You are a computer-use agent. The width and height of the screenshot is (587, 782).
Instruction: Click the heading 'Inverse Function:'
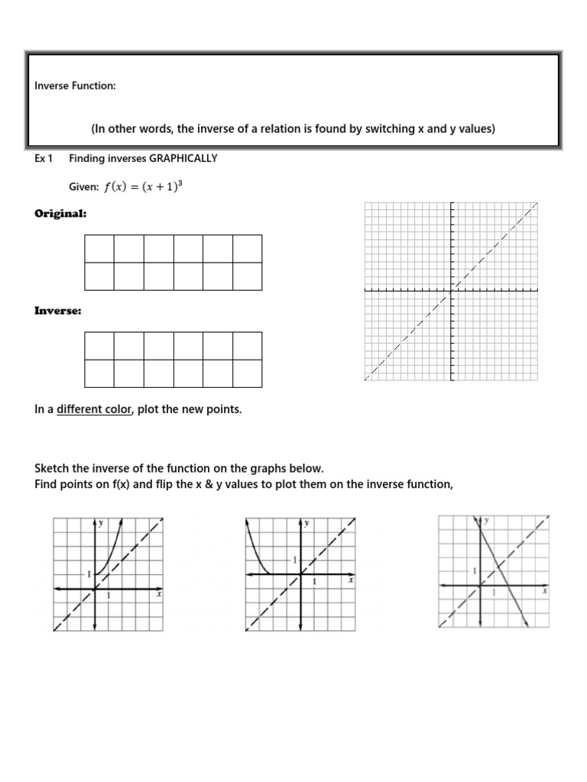pos(75,86)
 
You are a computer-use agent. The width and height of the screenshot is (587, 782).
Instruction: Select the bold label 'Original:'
pos(60,214)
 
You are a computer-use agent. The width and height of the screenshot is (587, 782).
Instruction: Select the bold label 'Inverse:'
pos(58,311)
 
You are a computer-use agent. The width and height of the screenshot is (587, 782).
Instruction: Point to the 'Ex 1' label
pos(43,159)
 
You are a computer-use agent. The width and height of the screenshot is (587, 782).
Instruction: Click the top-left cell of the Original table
pos(99,249)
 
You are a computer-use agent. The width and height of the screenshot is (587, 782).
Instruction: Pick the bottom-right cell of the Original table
pos(247,276)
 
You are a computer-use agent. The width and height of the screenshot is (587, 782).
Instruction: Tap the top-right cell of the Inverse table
pos(247,345)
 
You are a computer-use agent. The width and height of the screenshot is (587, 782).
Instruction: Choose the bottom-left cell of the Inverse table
pos(99,373)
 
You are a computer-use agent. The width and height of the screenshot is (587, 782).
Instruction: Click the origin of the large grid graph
pos(452,290)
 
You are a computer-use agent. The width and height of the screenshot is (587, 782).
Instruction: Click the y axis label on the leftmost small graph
pos(101,523)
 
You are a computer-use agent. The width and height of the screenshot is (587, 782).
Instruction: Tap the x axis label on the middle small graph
pos(350,580)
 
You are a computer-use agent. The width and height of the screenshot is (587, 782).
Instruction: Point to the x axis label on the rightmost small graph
pos(544,591)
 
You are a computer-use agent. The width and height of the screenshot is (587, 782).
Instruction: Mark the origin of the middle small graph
pos(300,574)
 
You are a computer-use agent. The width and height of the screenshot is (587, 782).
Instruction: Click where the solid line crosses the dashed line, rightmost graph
pos(498,567)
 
